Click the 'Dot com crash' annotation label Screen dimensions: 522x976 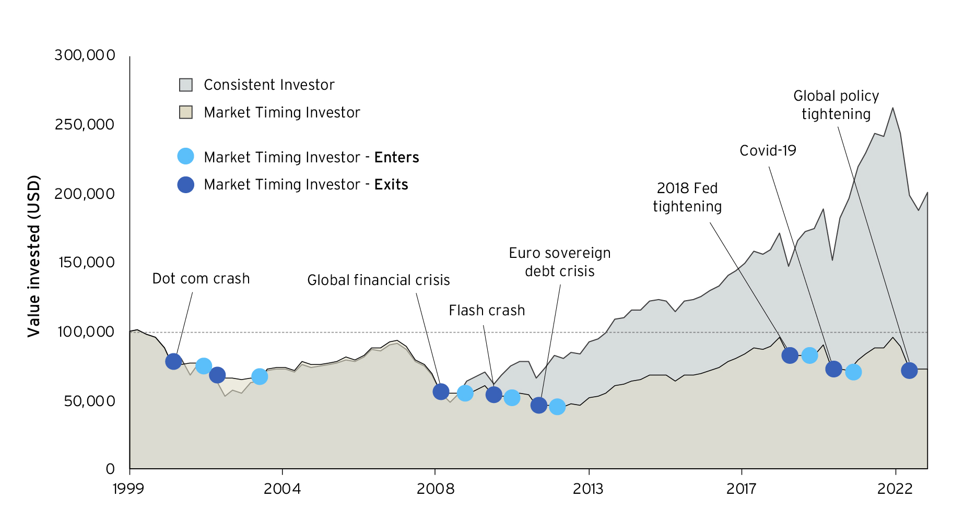pyautogui.click(x=201, y=279)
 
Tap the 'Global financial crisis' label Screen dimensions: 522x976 pyautogui.click(x=378, y=280)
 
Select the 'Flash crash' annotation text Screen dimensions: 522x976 pyautogui.click(x=487, y=311)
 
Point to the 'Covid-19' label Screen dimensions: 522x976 pyautogui.click(x=768, y=151)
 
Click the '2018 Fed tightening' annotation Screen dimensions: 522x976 pyautogui.click(x=687, y=197)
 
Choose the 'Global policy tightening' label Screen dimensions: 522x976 pyautogui.click(x=836, y=105)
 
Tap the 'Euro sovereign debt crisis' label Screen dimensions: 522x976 pyautogui.click(x=560, y=262)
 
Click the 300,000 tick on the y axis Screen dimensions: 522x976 pyautogui.click(x=85, y=55)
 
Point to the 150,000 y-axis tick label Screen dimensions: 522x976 pyautogui.click(x=86, y=263)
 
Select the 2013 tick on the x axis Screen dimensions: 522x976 pyautogui.click(x=588, y=489)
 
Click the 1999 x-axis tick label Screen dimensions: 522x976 pyautogui.click(x=128, y=489)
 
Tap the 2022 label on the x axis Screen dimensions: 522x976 pyautogui.click(x=895, y=489)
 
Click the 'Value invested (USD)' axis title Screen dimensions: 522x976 pyautogui.click(x=33, y=256)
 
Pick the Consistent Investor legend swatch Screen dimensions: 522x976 pyautogui.click(x=186, y=85)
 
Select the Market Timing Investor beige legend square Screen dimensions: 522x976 pyautogui.click(x=186, y=112)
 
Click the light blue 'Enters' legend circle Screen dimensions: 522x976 pyautogui.click(x=185, y=157)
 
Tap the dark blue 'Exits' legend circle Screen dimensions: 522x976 pyautogui.click(x=185, y=184)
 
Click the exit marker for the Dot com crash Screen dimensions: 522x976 pyautogui.click(x=173, y=361)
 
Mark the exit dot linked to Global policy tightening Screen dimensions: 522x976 pyautogui.click(x=909, y=371)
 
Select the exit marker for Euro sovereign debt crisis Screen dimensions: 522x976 pyautogui.click(x=538, y=405)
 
